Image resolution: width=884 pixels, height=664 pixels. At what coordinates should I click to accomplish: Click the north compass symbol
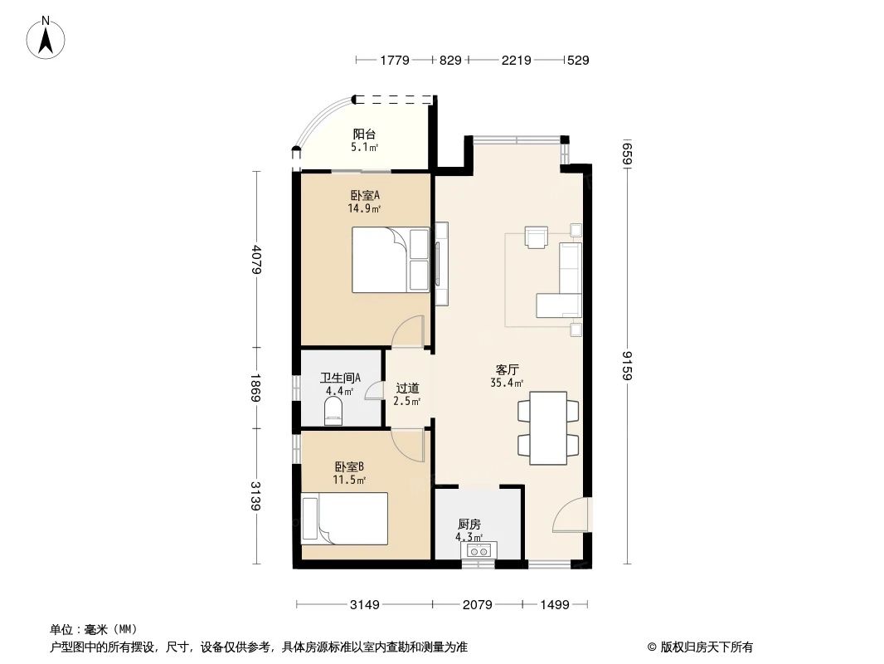point(47,37)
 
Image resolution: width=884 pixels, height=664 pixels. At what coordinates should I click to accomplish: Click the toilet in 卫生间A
point(333,409)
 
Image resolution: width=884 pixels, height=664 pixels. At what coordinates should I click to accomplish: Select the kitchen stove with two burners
point(477,549)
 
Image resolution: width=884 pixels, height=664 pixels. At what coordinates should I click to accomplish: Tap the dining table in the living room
point(548,427)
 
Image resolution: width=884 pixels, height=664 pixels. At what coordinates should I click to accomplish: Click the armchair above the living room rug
point(537,237)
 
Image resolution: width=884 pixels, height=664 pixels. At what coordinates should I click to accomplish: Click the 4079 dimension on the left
point(258,259)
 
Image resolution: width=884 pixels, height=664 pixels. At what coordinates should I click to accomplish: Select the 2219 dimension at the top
point(515,60)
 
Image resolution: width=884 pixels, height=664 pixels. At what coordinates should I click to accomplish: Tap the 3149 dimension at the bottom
point(364,604)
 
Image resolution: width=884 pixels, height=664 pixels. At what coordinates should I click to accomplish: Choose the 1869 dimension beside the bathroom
point(258,388)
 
